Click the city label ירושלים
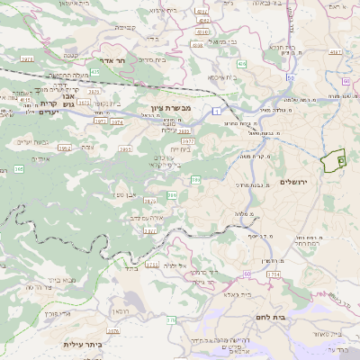coord(294,183)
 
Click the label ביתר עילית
coord(83,345)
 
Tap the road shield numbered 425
coord(95,70)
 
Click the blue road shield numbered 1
coord(217,109)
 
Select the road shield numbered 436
coord(242,64)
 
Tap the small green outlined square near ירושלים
coord(341,159)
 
